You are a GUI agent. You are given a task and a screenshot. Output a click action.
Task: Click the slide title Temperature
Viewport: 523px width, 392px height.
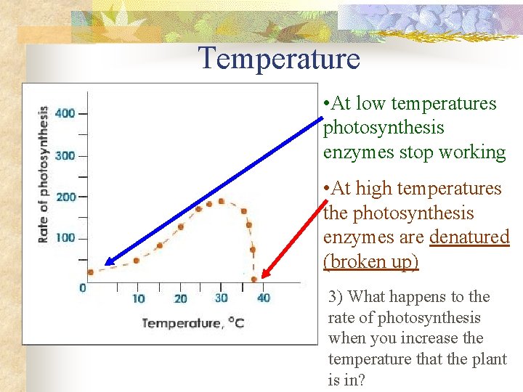pos(280,58)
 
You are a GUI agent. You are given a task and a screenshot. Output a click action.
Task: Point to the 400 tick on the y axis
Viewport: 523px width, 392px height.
pos(65,114)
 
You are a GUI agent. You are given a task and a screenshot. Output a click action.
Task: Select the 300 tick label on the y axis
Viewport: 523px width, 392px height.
pos(65,155)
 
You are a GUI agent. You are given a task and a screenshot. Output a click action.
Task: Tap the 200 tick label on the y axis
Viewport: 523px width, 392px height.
pos(65,197)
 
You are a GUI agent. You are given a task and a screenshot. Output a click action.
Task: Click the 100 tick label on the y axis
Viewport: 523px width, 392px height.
pos(65,238)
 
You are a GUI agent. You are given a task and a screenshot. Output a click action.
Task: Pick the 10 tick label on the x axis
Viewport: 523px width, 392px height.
pos(138,298)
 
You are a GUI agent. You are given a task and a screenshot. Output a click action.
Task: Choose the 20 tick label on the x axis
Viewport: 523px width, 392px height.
pos(180,298)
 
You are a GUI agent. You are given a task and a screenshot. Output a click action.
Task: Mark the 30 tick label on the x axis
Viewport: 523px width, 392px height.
pos(222,298)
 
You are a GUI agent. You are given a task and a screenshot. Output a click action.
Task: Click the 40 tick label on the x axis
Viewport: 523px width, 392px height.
pos(263,298)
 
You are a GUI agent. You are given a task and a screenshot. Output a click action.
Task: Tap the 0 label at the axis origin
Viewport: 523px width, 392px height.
pos(82,288)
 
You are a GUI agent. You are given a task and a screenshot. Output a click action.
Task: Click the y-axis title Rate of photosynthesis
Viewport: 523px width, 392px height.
pos(43,174)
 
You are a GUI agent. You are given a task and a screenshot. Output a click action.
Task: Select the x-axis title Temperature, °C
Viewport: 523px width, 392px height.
pos(192,322)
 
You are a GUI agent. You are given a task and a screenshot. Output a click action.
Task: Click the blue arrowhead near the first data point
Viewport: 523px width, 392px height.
pos(110,262)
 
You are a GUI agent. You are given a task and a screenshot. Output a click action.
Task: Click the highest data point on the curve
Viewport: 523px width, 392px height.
pos(221,201)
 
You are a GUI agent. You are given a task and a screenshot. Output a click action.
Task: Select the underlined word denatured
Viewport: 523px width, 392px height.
pos(469,237)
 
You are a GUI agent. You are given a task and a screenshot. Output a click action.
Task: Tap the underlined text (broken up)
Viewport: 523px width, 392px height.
pos(370,261)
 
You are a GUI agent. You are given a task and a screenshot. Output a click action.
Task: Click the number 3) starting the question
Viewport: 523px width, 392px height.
pos(336,297)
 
